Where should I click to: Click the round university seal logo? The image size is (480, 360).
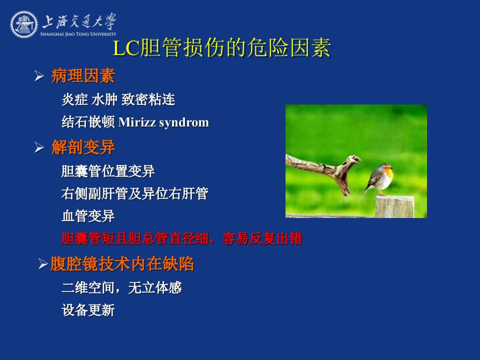[x=24, y=24]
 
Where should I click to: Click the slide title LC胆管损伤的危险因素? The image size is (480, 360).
[x=222, y=47]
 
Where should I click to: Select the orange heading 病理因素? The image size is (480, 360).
[x=83, y=76]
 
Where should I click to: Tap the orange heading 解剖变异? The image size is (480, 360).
[x=83, y=147]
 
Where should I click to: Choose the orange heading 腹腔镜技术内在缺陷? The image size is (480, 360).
[x=122, y=264]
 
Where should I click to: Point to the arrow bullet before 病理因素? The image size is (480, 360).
[x=39, y=76]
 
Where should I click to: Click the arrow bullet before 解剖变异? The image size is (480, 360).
[x=39, y=147]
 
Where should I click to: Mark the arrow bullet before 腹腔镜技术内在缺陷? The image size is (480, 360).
[x=43, y=264]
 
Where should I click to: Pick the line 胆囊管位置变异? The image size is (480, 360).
[x=108, y=171]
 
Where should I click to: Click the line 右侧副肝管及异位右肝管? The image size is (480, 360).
[x=135, y=194]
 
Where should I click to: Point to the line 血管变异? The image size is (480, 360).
[x=88, y=216]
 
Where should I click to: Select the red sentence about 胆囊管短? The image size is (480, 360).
[x=182, y=239]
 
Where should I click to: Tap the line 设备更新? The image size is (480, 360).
[x=88, y=310]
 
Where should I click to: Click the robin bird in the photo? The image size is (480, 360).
[x=378, y=179]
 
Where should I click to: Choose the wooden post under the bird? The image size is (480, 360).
[x=395, y=207]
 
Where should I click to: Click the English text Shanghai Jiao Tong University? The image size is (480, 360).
[x=78, y=34]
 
